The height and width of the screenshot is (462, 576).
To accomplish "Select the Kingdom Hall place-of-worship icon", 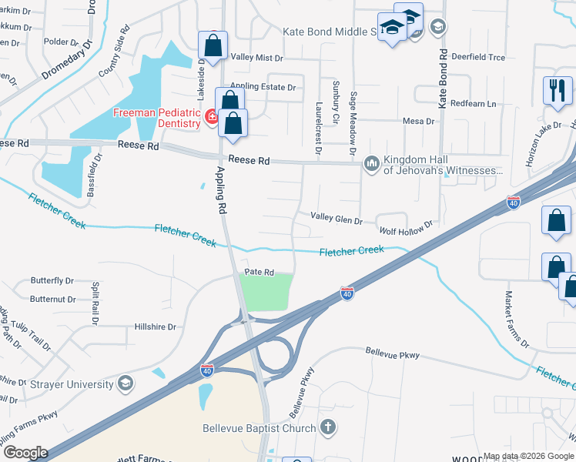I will (x=372, y=162).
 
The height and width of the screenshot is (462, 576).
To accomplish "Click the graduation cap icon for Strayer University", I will (x=125, y=383).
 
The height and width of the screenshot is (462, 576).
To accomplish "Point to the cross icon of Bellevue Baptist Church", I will (x=328, y=427).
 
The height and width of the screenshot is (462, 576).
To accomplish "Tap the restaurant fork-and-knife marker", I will (x=557, y=90).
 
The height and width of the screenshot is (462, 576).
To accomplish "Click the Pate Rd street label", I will (x=260, y=272).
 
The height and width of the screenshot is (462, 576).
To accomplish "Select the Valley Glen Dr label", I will (x=336, y=219).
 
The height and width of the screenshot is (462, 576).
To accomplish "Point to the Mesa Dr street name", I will (x=420, y=121).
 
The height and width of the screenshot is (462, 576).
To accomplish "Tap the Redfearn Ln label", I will (x=474, y=103).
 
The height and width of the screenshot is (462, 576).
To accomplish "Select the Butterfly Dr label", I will (x=52, y=281).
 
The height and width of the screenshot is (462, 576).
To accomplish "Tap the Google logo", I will (x=25, y=453).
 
